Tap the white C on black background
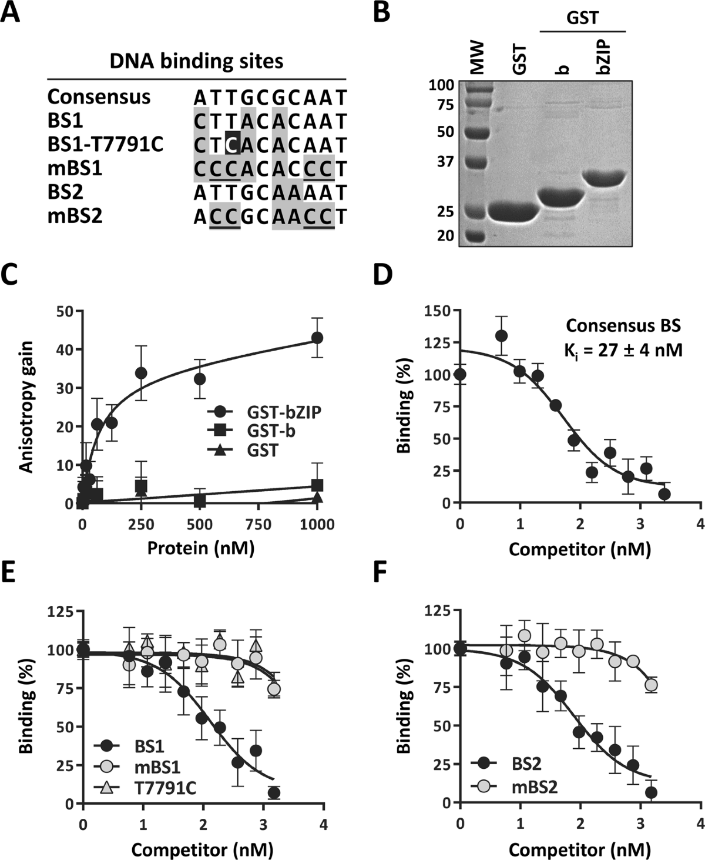pyautogui.click(x=233, y=145)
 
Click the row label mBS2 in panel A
pyautogui.click(x=75, y=216)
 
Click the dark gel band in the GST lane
pyautogui.click(x=513, y=212)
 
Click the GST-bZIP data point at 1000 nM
pyautogui.click(x=317, y=338)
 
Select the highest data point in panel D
pyautogui.click(x=501, y=336)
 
